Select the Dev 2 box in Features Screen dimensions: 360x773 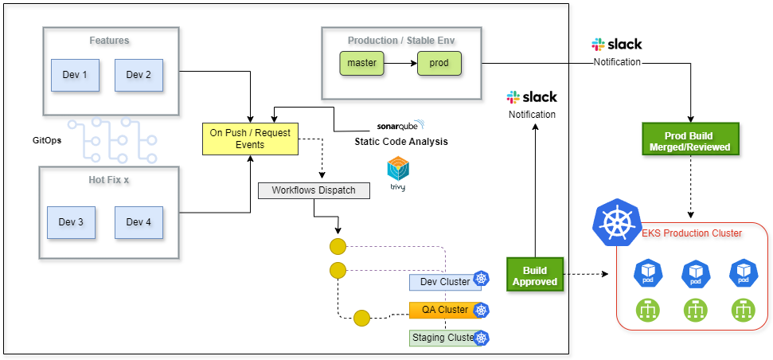coord(139,75)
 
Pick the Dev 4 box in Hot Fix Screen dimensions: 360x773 coord(139,222)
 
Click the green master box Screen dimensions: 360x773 coord(362,63)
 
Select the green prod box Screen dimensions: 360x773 coord(439,63)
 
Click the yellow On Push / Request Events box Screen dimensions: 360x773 coord(249,139)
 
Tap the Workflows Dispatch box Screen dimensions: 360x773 coord(314,190)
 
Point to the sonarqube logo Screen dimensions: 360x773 coord(400,126)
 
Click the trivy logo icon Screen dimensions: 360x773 coord(398,171)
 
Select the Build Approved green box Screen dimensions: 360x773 coord(535,276)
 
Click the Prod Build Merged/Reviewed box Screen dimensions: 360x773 coord(689,141)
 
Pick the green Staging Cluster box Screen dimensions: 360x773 coord(443,338)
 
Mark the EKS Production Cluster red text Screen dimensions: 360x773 coord(691,233)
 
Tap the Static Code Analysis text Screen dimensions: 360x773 coord(400,142)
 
